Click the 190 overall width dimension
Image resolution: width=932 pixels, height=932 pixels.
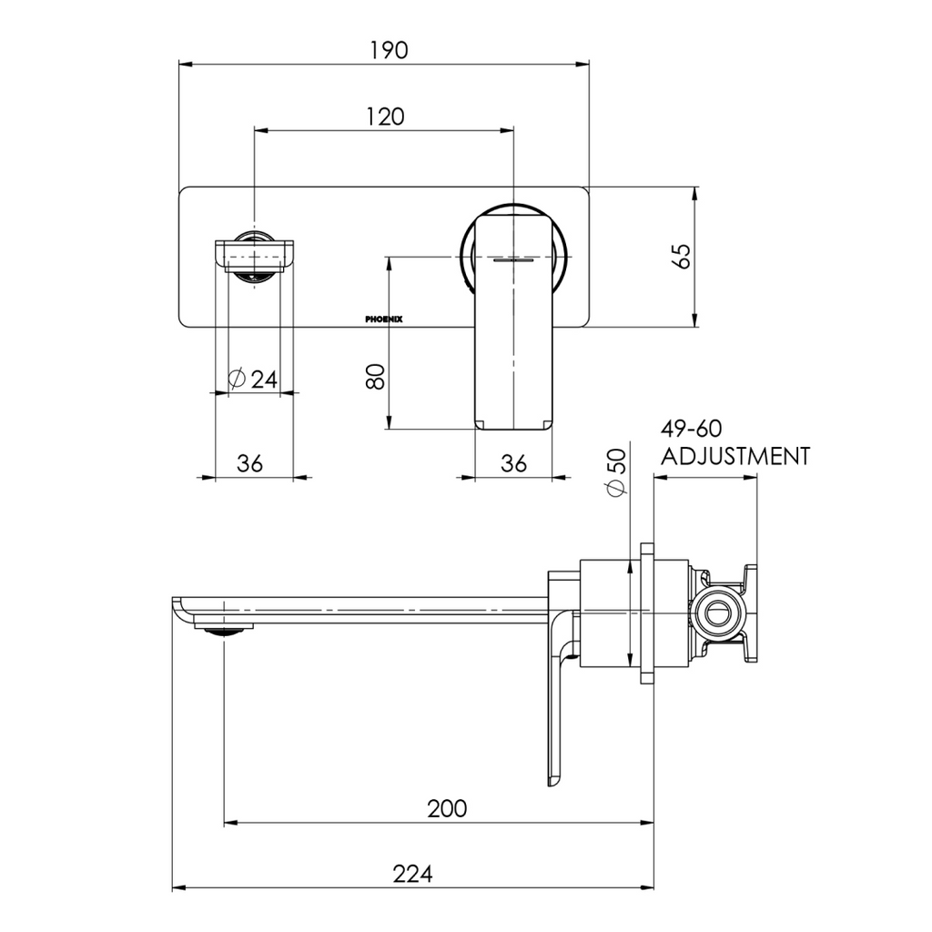[x=388, y=49]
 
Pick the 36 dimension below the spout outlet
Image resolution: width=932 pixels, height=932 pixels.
[x=250, y=463]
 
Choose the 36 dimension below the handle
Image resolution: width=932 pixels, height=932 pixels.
[x=514, y=463]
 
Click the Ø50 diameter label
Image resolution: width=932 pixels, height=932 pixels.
[x=616, y=473]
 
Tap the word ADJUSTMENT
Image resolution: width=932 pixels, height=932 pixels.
[x=735, y=456]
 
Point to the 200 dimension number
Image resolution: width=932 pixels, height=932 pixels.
[x=448, y=808]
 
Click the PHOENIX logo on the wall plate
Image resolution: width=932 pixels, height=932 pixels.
[x=390, y=319]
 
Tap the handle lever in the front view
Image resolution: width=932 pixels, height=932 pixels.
[x=514, y=319]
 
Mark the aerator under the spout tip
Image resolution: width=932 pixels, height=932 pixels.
[x=224, y=626]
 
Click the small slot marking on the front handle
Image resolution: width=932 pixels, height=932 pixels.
[x=514, y=259]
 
